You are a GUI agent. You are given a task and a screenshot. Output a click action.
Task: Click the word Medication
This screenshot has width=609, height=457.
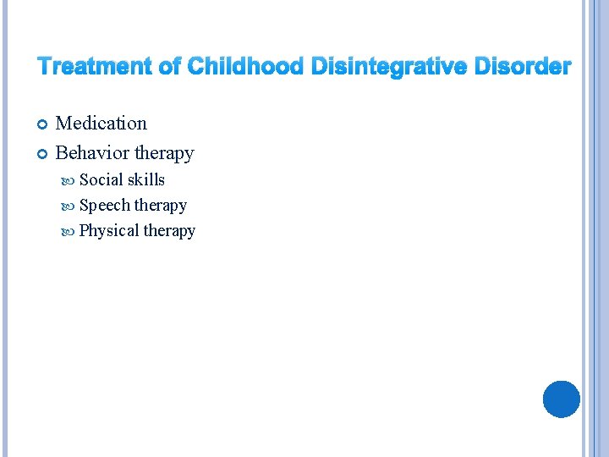click(x=101, y=124)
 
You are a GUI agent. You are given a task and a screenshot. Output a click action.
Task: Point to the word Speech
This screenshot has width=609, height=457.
click(x=104, y=206)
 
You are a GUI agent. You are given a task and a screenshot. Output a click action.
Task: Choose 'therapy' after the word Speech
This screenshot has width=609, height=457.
click(x=161, y=206)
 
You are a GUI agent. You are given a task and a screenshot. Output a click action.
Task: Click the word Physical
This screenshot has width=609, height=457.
click(x=109, y=231)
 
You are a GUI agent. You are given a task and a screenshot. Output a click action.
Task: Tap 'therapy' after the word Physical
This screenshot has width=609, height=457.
click(x=169, y=231)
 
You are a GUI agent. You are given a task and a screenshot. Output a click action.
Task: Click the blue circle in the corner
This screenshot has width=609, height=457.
click(x=561, y=399)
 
